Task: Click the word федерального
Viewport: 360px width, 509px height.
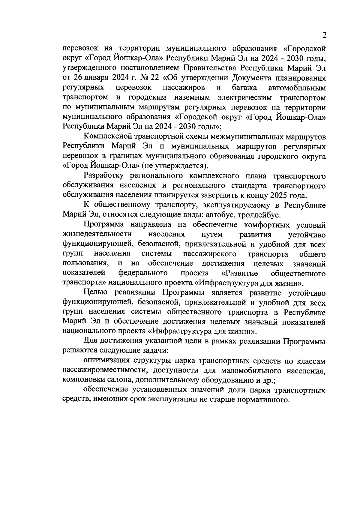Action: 143,273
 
